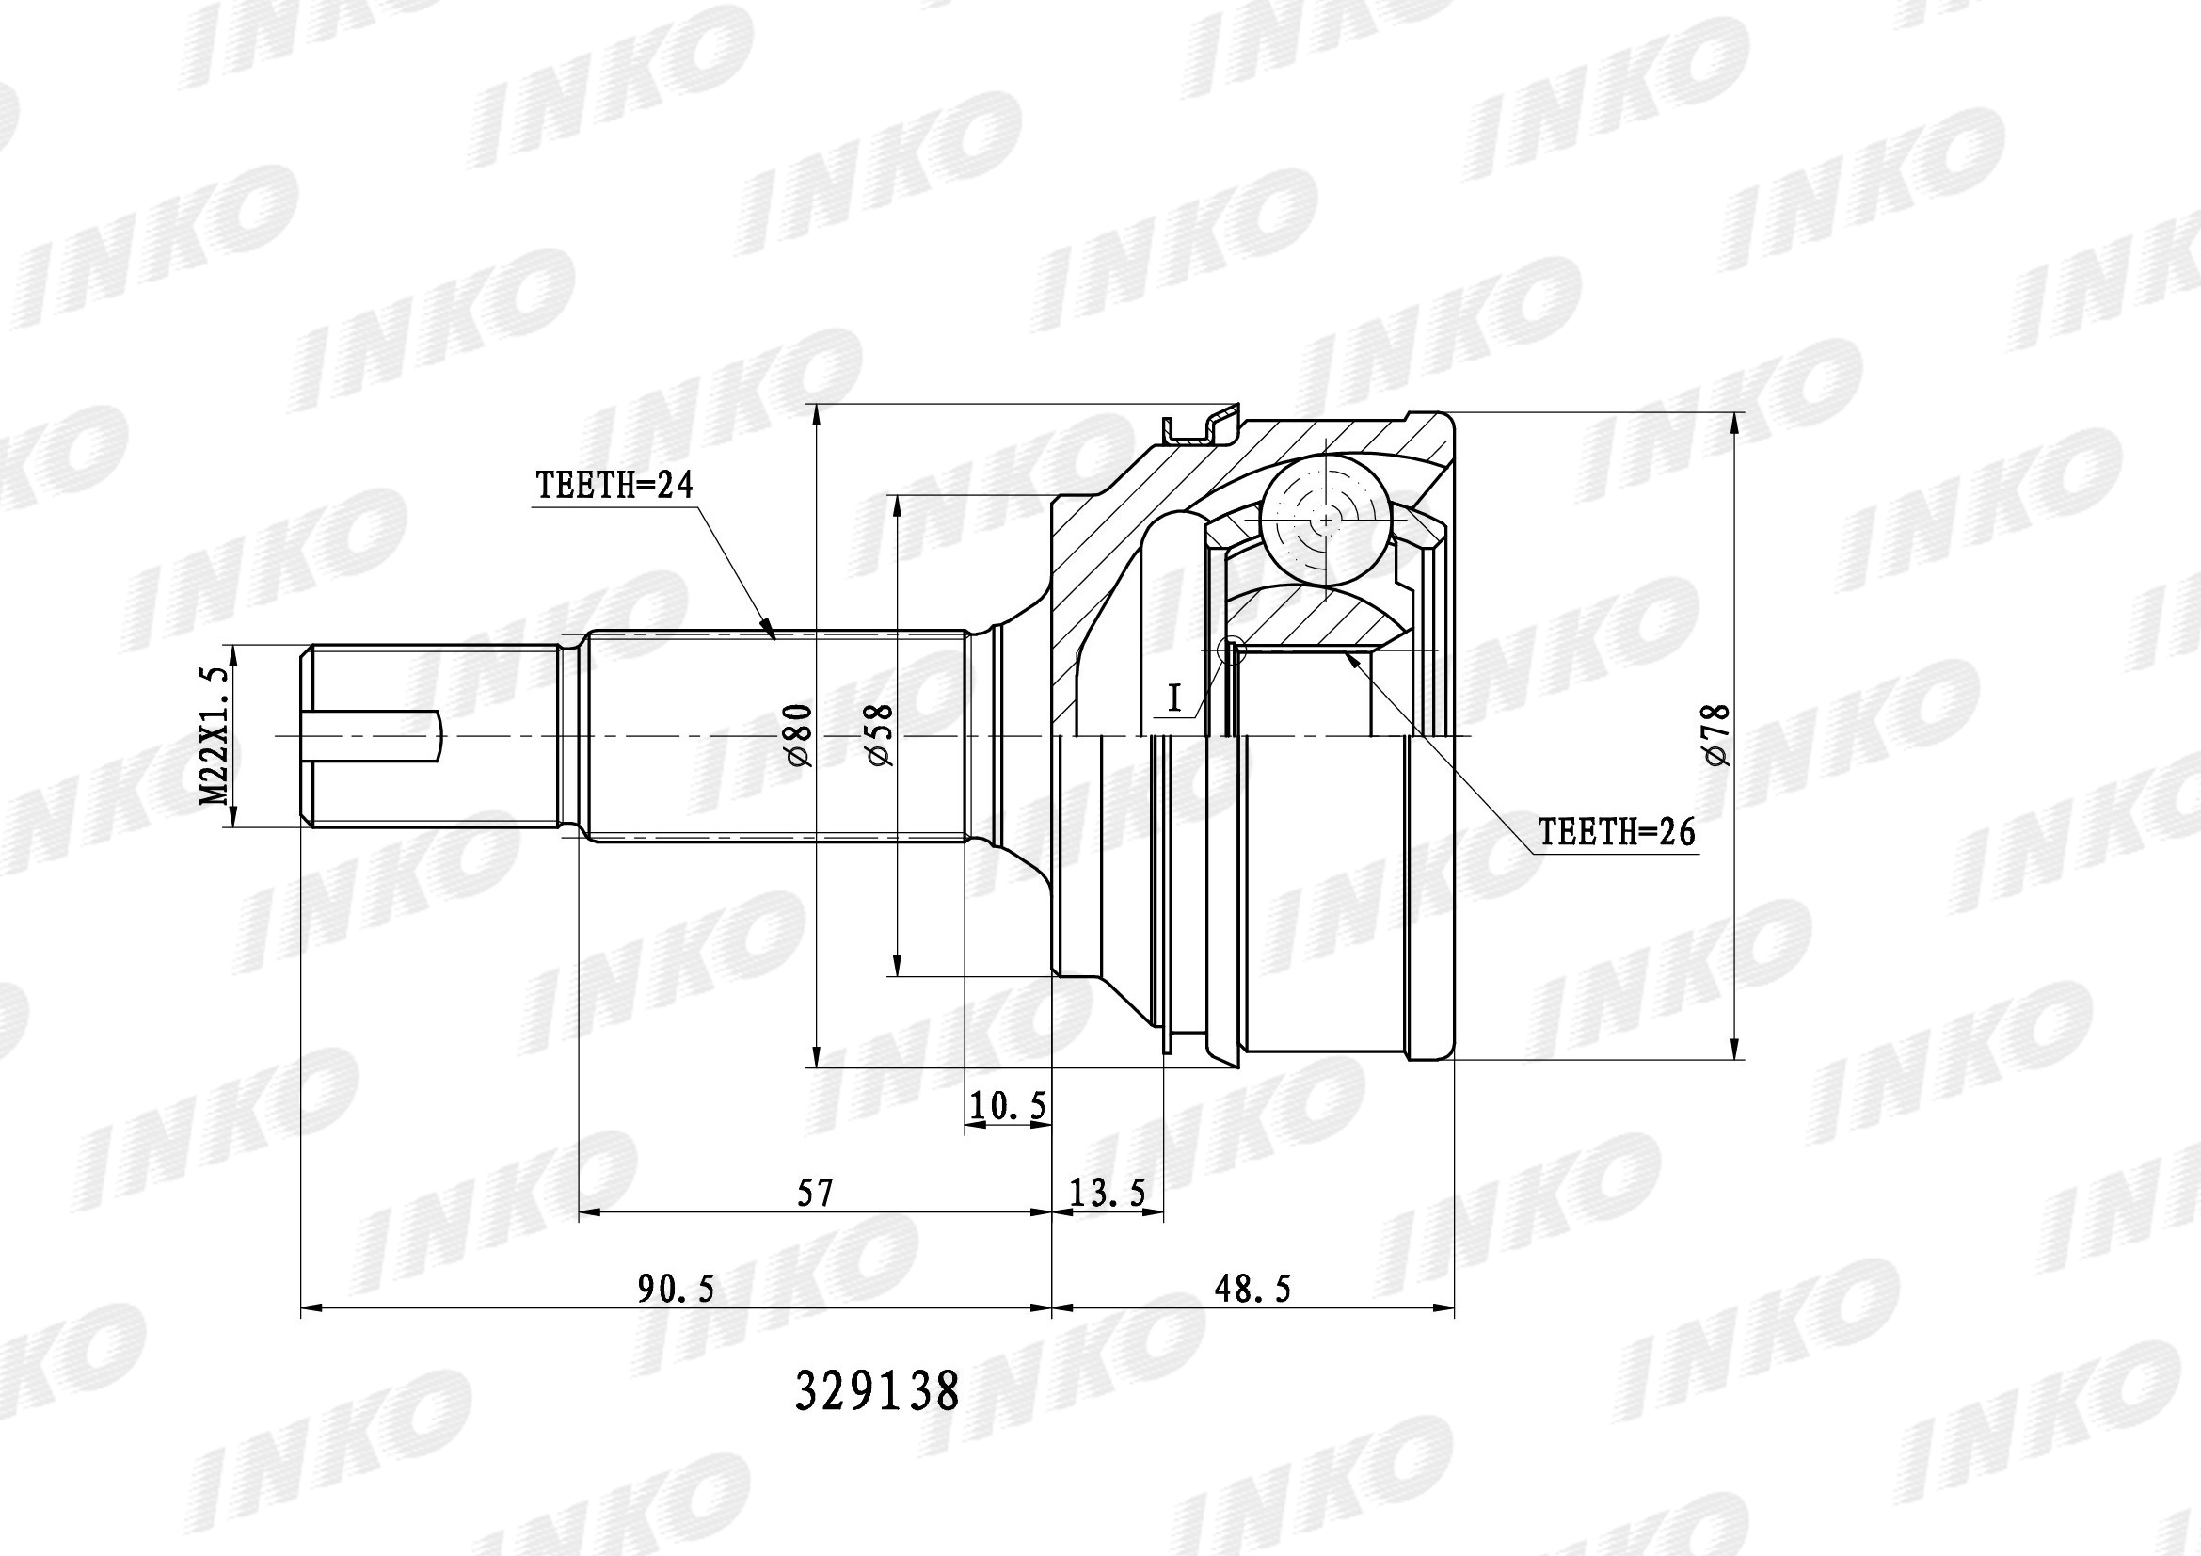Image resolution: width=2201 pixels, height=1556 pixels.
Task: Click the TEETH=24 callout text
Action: pyautogui.click(x=614, y=485)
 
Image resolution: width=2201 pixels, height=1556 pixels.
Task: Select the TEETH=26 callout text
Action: pyautogui.click(x=1618, y=831)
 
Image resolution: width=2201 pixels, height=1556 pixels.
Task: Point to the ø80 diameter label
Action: pyautogui.click(x=800, y=735)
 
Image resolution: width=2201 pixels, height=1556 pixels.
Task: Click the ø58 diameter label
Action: pyautogui.click(x=879, y=735)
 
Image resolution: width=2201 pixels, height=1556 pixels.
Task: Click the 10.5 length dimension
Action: pyautogui.click(x=1007, y=1106)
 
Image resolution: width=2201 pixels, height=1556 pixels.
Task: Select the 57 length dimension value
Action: pyautogui.click(x=816, y=1193)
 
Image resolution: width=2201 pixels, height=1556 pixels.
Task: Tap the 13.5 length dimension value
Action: pyautogui.click(x=1108, y=1193)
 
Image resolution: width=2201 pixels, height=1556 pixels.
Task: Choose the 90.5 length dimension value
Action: pyautogui.click(x=677, y=1290)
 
